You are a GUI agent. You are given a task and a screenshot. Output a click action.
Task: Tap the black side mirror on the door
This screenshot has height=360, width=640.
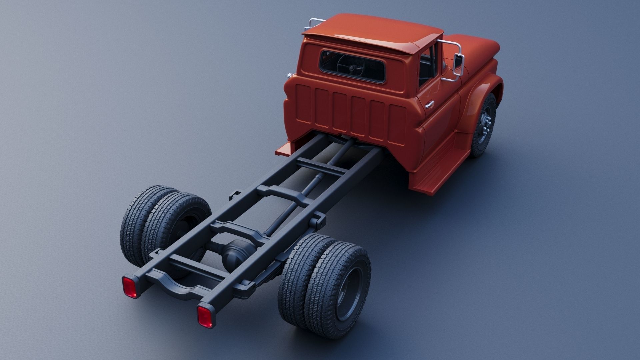point(459,65)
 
